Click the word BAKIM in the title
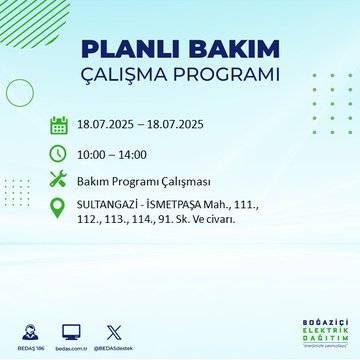pos(227,50)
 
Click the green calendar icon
pos(59,125)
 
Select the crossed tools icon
pos(59,180)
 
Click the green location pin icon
pos(59,210)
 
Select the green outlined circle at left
pos(20,92)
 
